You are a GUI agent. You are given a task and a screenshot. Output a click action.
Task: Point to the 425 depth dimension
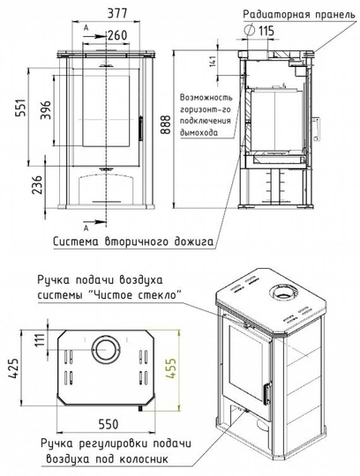tap(12, 366)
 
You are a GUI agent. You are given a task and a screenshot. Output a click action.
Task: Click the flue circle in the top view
tap(106, 346)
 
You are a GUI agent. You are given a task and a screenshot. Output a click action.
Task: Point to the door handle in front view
tap(139, 124)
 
